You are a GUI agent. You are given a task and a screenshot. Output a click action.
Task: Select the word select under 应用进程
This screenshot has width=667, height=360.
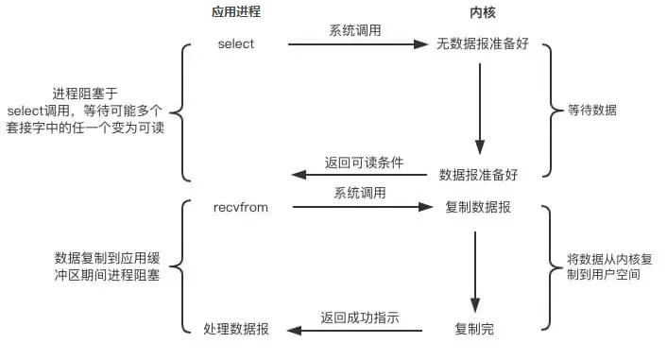tap(236, 43)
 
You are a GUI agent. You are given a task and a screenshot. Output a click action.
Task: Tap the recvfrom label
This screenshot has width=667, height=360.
tap(236, 206)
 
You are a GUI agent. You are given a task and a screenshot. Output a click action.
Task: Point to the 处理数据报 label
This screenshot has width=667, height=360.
tap(236, 330)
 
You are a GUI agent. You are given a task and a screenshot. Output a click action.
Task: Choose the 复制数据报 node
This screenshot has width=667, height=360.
tap(478, 207)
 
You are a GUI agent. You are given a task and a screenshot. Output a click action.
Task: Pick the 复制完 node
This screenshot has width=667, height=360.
tap(474, 330)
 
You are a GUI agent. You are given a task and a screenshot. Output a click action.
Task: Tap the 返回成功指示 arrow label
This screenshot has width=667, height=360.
tap(359, 317)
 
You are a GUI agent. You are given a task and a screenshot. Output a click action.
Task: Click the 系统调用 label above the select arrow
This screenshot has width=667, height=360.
tap(355, 31)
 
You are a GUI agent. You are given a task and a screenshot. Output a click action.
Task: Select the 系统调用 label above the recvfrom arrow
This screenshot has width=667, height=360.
tap(359, 194)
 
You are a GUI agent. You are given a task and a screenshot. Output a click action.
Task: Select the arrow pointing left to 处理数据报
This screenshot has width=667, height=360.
tap(359, 330)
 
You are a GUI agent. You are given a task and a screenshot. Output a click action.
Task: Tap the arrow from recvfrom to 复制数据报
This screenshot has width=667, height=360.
tap(359, 207)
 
